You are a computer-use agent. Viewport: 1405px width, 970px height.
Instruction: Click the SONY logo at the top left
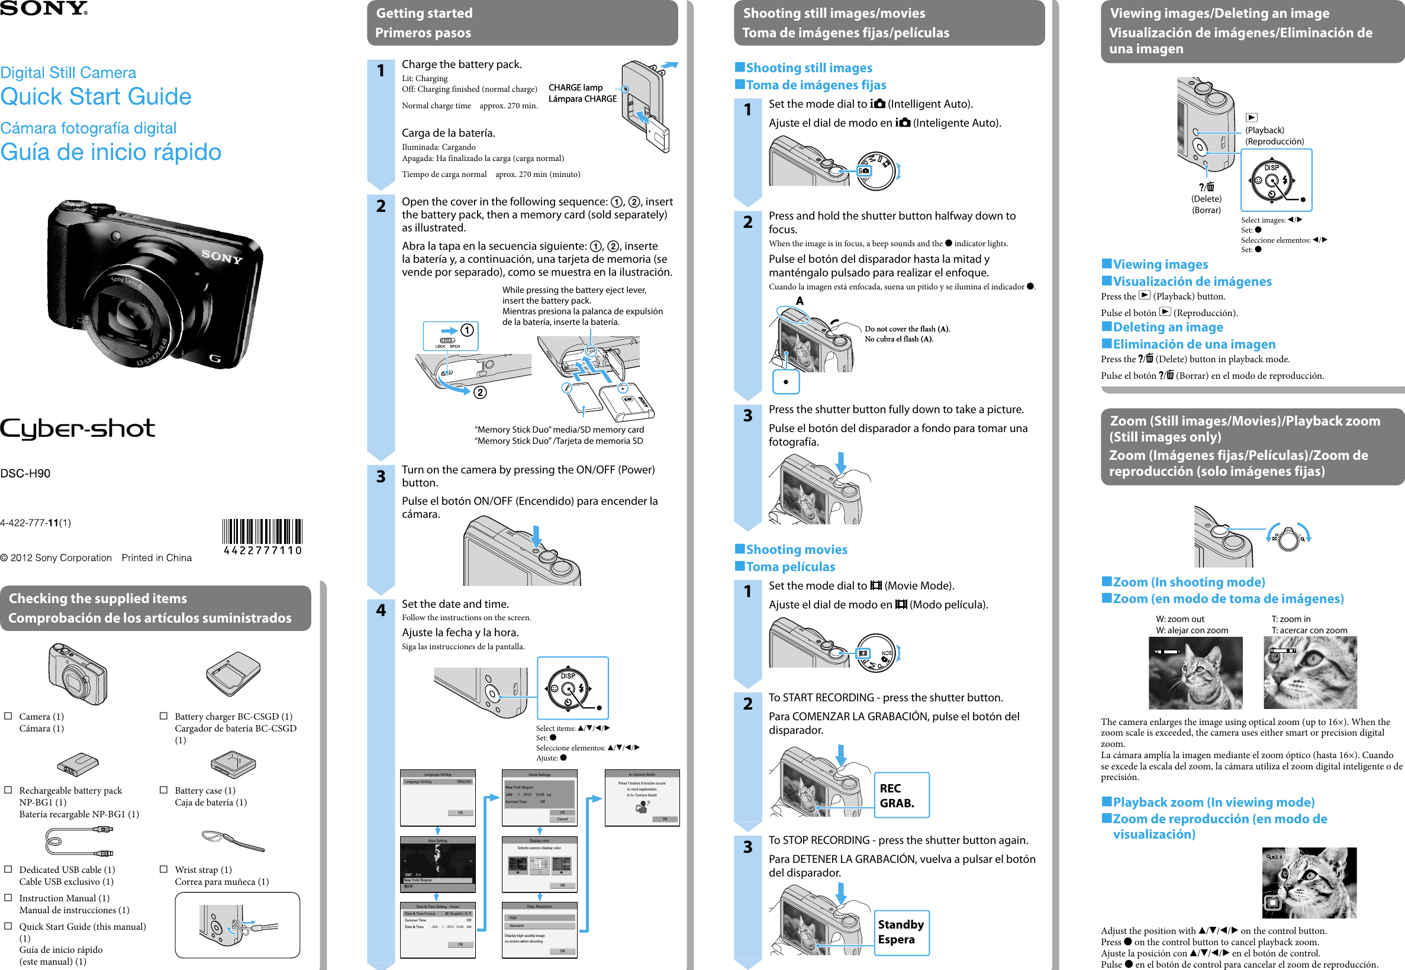tap(44, 8)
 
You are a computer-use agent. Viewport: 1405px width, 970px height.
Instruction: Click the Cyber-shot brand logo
tap(77, 428)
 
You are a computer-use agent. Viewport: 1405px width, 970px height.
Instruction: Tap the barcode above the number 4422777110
tap(262, 531)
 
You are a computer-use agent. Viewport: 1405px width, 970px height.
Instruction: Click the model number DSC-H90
tap(25, 473)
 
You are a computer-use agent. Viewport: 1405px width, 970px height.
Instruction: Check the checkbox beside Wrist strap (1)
tap(163, 869)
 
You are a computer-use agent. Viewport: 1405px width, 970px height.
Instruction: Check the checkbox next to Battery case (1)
tap(163, 789)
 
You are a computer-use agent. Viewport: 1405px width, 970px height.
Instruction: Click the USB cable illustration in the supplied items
tap(79, 841)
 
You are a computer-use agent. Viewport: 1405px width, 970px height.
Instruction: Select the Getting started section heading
tap(424, 14)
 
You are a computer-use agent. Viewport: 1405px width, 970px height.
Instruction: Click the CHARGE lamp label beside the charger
tap(575, 88)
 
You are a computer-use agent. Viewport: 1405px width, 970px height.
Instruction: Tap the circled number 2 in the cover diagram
tap(480, 392)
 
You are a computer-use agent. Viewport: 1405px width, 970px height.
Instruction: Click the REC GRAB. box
tap(901, 795)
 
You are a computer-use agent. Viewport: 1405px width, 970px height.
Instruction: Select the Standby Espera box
tap(901, 932)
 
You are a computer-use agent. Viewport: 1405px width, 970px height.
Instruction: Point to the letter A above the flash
tap(800, 301)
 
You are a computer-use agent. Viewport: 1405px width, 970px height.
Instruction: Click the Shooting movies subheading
tap(796, 549)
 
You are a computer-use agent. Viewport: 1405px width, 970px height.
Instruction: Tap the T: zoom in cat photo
tap(1310, 673)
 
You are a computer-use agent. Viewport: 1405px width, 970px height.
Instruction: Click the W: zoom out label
tap(1180, 618)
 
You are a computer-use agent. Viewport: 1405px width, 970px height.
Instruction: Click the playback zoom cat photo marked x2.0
tap(1309, 882)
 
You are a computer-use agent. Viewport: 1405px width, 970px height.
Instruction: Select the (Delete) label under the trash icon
tap(1206, 199)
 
